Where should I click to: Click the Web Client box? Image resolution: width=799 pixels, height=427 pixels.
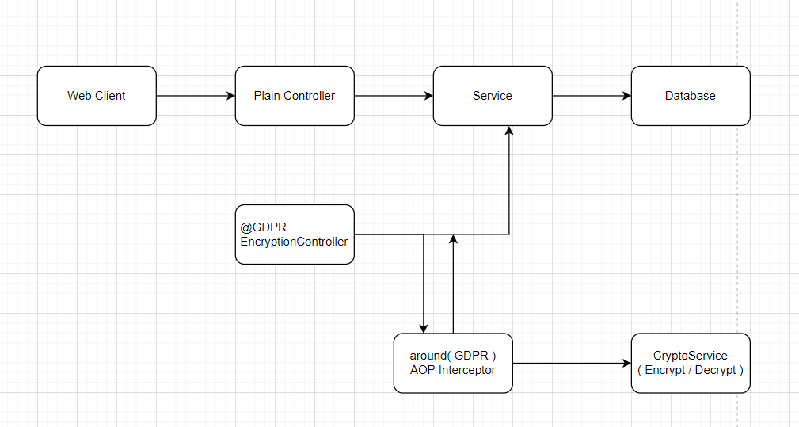97,96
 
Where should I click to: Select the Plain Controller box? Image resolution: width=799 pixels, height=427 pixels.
295,96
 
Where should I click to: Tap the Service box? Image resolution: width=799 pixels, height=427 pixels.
493,96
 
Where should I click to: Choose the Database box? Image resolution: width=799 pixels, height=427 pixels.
691,96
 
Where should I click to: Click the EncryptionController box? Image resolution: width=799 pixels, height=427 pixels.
295,234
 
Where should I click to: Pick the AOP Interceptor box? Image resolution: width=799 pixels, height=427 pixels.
453,363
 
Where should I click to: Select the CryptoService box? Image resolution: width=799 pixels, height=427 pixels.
691,363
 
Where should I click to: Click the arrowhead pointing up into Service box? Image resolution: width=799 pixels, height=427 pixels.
509,132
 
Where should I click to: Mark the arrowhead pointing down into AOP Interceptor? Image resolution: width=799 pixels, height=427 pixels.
424,328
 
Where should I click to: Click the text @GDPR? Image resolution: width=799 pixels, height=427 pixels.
258,227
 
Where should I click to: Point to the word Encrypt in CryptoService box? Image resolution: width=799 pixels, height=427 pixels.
666,370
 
